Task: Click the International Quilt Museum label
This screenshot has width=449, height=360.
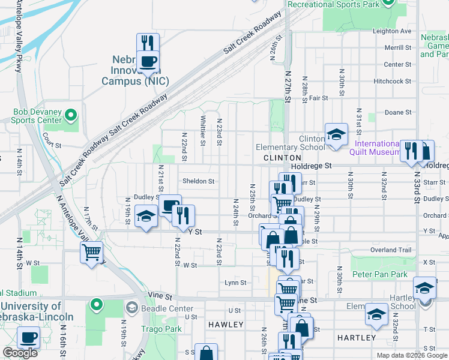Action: pos(377,148)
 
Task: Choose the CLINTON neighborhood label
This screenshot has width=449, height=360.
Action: pos(277,158)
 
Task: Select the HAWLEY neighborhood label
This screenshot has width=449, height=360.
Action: pos(226,325)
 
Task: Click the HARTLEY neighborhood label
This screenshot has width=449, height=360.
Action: pos(356,338)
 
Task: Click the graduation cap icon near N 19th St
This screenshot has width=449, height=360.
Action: pos(146,216)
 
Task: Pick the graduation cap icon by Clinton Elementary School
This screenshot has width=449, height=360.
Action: pos(336,134)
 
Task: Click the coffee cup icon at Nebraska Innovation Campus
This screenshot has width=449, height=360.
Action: pos(148,61)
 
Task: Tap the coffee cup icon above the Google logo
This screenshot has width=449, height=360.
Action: pos(28,337)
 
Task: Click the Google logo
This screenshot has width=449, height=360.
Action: pos(20,353)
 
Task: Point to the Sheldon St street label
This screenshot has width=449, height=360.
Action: pos(198,181)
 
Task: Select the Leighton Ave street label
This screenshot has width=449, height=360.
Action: pos(392,31)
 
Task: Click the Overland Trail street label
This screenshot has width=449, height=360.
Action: pos(390,250)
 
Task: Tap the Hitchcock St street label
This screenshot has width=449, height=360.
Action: pos(391,80)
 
